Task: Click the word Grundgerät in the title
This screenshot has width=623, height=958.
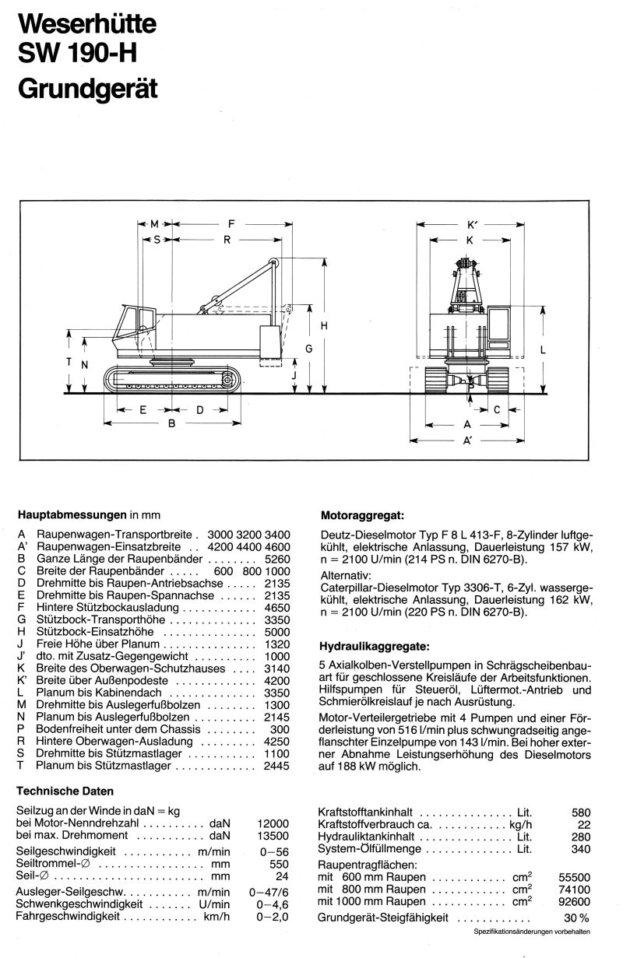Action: [x=87, y=88]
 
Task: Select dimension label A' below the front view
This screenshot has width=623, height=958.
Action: [x=468, y=440]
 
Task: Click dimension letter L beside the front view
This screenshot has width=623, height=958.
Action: [x=543, y=349]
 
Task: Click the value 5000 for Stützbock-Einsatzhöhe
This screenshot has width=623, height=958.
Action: [x=276, y=632]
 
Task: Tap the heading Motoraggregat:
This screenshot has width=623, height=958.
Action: [x=362, y=515]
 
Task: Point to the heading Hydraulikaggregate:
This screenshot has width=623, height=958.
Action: [x=374, y=645]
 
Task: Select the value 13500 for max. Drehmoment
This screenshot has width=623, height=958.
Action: [x=273, y=835]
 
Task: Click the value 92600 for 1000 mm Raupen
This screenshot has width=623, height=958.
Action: [x=573, y=901]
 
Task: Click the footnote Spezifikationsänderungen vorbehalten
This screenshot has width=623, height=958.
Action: [x=531, y=932]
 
